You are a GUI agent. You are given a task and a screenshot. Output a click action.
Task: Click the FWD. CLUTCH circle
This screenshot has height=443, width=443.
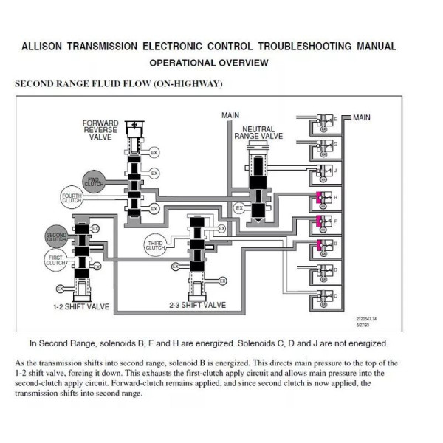pyautogui.click(x=93, y=180)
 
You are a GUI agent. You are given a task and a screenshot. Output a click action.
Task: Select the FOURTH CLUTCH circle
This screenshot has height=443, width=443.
pyautogui.click(x=73, y=197)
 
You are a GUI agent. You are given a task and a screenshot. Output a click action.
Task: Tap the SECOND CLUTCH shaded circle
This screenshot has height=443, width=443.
pyautogui.click(x=57, y=237)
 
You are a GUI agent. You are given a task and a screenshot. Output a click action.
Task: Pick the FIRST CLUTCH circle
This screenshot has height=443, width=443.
pyautogui.click(x=57, y=259)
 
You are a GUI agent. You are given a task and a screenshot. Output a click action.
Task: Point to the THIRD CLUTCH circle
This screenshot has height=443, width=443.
pyautogui.click(x=155, y=245)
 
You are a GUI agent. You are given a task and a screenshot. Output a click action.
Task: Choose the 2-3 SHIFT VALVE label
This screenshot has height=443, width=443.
pyautogui.click(x=197, y=305)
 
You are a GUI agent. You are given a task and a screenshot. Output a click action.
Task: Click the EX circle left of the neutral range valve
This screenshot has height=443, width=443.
pyautogui.click(x=238, y=209)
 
